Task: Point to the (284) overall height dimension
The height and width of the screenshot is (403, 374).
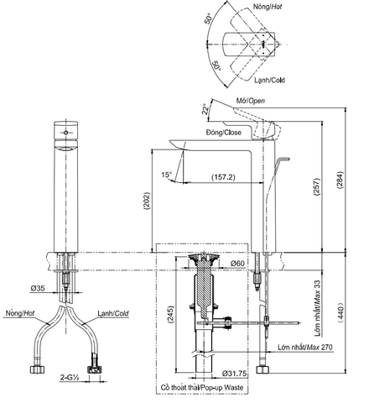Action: coord(340,178)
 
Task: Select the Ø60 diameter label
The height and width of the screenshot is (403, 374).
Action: coord(237,264)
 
